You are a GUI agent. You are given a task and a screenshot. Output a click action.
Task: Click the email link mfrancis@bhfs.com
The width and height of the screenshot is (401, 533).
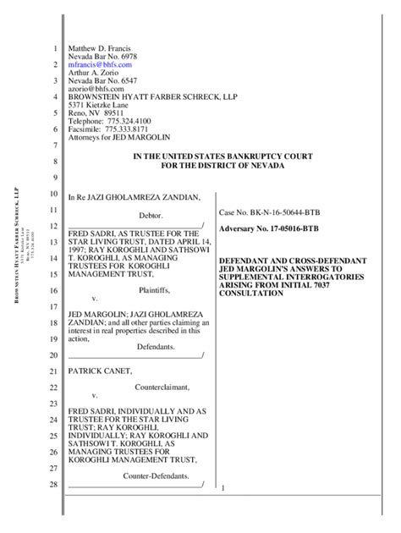click(100, 64)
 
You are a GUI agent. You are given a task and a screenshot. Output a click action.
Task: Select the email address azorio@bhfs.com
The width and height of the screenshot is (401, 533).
click(91, 87)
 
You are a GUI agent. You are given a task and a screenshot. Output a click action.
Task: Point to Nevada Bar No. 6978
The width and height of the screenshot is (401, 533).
click(99, 56)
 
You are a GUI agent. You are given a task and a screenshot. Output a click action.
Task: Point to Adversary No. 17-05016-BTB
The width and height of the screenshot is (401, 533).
click(270, 229)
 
